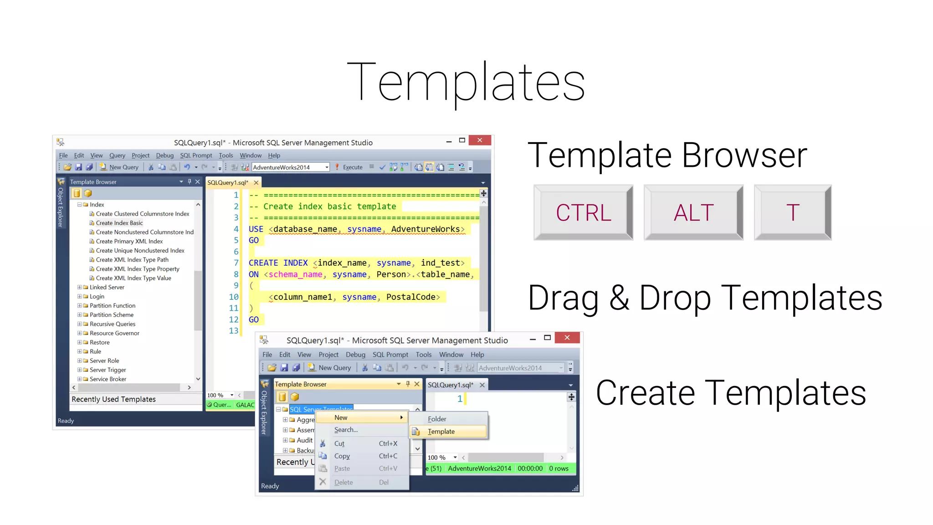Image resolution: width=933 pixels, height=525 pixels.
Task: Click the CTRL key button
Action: pos(583,212)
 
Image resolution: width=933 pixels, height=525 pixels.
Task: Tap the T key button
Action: pos(792,212)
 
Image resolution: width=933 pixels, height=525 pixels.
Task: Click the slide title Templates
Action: pos(466,82)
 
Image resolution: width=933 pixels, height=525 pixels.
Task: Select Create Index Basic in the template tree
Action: pos(119,223)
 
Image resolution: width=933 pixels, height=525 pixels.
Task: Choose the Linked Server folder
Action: pos(107,287)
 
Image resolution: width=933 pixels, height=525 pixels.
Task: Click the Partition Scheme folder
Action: pos(111,315)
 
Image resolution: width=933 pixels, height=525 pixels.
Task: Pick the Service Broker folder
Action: pos(108,379)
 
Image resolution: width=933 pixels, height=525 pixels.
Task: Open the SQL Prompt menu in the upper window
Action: pos(196,155)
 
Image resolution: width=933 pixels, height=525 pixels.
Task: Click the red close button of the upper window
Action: pos(480,140)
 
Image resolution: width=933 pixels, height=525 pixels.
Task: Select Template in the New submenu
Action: pos(441,432)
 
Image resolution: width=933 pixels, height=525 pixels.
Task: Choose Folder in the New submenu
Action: pos(437,419)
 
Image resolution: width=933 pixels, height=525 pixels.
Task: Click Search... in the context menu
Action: pos(346,430)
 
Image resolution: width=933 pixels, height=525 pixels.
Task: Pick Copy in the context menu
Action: pos(342,456)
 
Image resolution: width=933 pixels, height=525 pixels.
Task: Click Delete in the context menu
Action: pos(343,482)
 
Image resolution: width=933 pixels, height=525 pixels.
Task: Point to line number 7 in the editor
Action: pos(236,263)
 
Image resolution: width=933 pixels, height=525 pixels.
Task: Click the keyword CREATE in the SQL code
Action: pos(263,263)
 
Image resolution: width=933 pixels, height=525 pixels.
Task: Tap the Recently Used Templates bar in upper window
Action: pos(114,399)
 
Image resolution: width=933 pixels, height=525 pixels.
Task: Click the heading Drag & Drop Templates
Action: pos(705,298)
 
